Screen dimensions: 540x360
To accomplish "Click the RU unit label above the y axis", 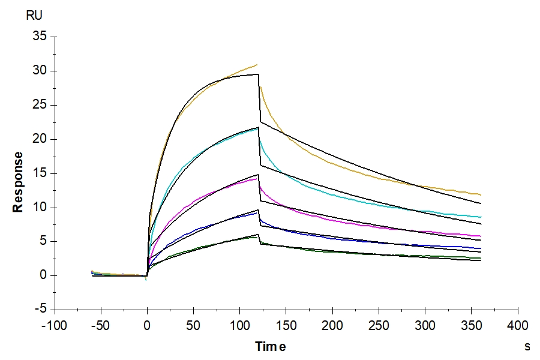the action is [34, 16].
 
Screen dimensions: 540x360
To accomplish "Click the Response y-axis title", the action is [17, 182].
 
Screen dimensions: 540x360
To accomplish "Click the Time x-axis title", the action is [271, 346].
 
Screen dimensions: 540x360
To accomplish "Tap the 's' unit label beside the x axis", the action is [527, 346].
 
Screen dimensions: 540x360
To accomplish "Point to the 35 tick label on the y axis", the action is [40, 36].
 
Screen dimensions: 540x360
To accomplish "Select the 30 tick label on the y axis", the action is [40, 71].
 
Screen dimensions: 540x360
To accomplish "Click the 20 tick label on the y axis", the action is [40, 139].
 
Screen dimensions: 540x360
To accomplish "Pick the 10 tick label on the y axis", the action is [40, 207].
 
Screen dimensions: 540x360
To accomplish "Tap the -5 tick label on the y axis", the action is [41, 309].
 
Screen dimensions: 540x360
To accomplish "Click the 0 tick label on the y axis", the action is [43, 275].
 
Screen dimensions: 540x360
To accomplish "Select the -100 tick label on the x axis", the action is [55, 326].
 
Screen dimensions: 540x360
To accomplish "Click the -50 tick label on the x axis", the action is [101, 326].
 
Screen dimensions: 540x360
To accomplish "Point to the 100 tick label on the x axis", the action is [239, 326].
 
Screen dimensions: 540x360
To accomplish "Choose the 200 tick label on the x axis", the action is [332, 326].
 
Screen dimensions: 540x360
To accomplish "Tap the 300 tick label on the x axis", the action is [425, 326].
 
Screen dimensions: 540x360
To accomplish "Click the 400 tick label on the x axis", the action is [518, 326].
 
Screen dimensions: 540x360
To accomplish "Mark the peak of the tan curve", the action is [257, 64].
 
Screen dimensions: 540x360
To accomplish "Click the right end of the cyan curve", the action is [481, 217].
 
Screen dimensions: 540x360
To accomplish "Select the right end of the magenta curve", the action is [481, 236].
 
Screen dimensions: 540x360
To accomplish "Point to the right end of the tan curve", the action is [481, 195].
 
